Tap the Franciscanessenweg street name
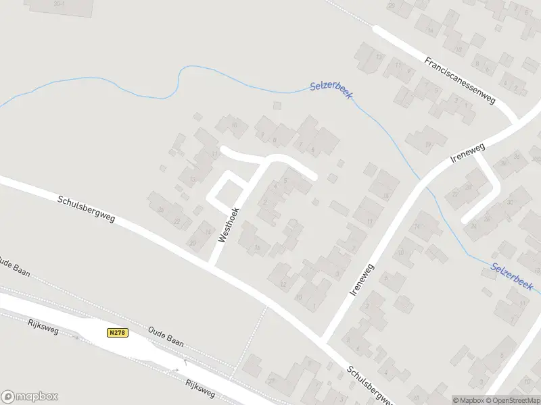[461, 80]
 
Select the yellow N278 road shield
[118, 333]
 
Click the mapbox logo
[29, 397]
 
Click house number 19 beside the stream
[427, 144]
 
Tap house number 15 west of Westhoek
[193, 179]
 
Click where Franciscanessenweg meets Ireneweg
[517, 124]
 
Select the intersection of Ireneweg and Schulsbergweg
[325, 339]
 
